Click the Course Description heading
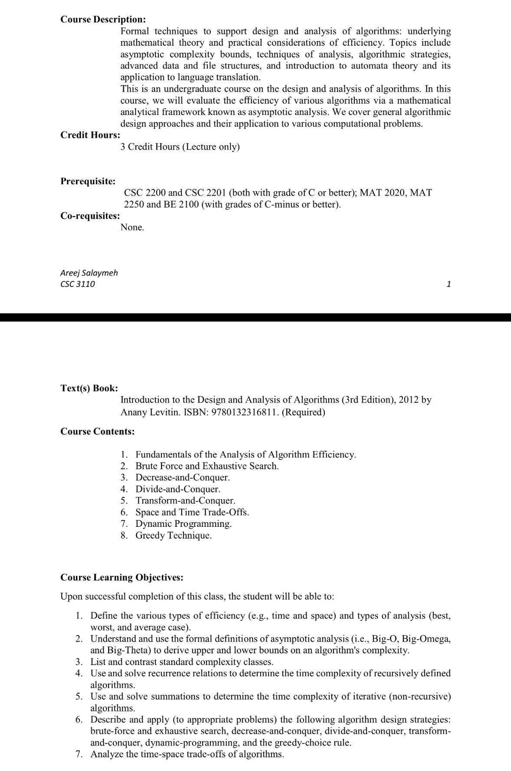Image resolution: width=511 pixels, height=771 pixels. coord(103,20)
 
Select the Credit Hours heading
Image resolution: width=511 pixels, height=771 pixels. coord(90,135)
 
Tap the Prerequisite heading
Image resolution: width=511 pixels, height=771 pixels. coord(88,182)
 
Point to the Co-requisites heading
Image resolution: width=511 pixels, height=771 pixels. coord(90,216)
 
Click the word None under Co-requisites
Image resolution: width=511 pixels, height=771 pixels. coord(132,228)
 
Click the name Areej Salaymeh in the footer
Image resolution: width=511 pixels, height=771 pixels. coord(89,273)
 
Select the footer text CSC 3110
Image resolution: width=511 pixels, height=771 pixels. coord(78,284)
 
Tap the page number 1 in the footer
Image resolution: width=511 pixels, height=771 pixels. coord(448,284)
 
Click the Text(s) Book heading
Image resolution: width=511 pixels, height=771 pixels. coord(89,388)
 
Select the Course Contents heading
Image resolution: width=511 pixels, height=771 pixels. coord(98,432)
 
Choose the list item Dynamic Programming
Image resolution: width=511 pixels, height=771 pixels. coord(184,524)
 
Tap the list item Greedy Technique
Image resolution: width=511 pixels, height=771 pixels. coord(173,536)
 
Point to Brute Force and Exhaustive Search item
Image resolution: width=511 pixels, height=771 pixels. coord(207,466)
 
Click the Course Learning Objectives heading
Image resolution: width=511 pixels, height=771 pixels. coord(122,578)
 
